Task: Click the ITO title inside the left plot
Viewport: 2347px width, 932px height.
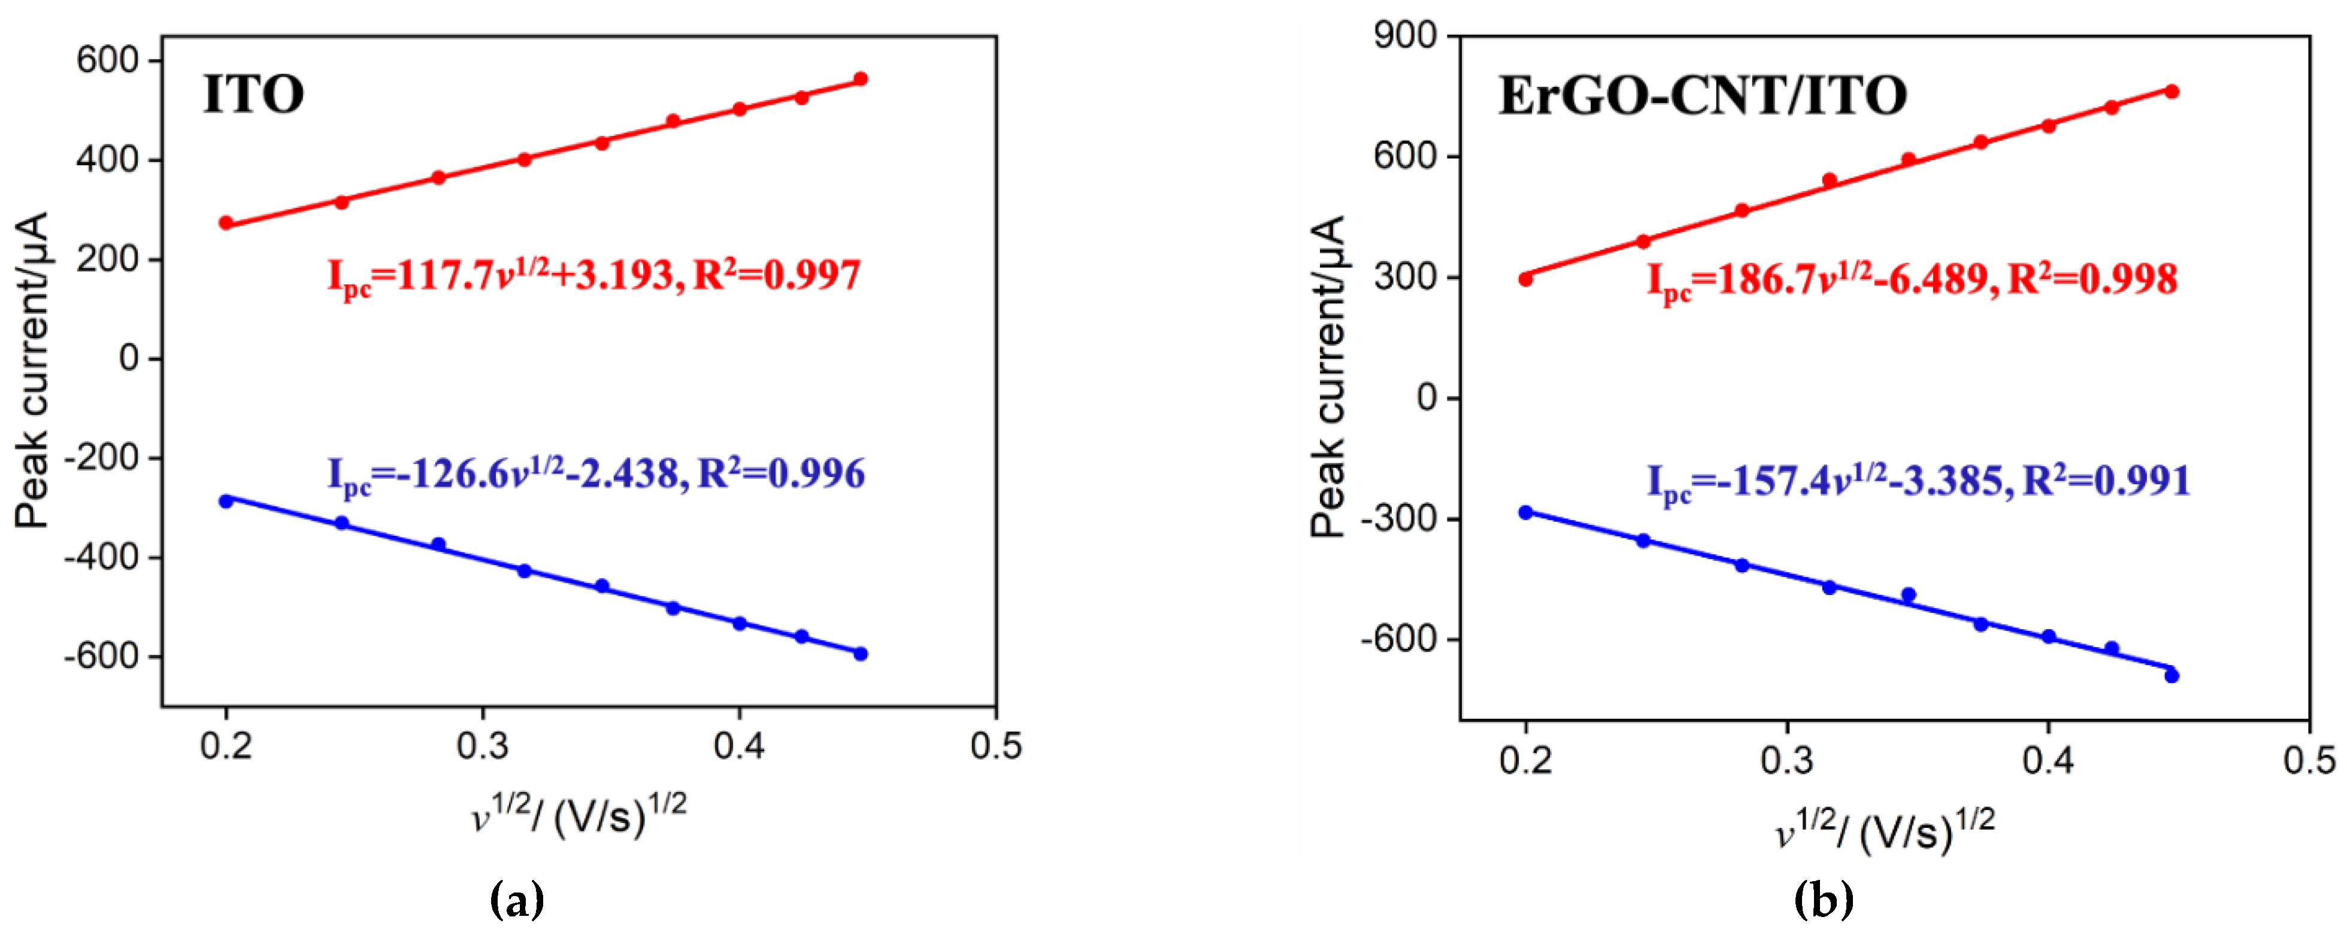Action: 253,95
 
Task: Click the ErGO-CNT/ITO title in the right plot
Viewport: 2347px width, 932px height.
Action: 1702,96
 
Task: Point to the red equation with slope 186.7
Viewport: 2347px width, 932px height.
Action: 1912,280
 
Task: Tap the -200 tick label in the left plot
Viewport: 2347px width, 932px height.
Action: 99,457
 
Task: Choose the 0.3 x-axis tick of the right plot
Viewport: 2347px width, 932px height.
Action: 1786,760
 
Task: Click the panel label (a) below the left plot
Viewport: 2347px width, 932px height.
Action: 517,900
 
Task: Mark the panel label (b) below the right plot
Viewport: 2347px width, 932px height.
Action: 1823,900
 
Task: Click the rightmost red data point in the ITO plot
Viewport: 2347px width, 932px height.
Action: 860,79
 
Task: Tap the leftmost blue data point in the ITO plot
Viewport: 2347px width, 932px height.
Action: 226,501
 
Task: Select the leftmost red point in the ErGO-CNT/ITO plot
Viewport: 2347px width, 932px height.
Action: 1525,279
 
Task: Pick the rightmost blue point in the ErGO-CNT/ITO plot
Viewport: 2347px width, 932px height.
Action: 2171,675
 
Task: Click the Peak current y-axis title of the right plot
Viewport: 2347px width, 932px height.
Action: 1328,377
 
